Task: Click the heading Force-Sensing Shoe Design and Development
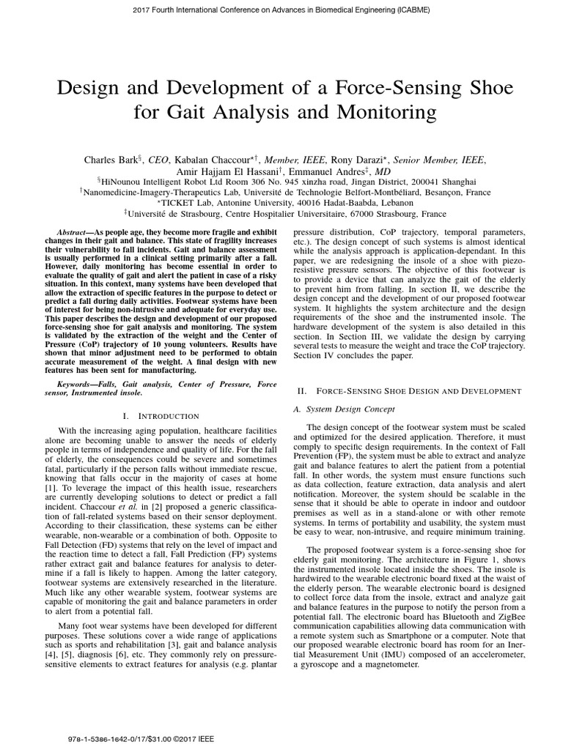419,392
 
